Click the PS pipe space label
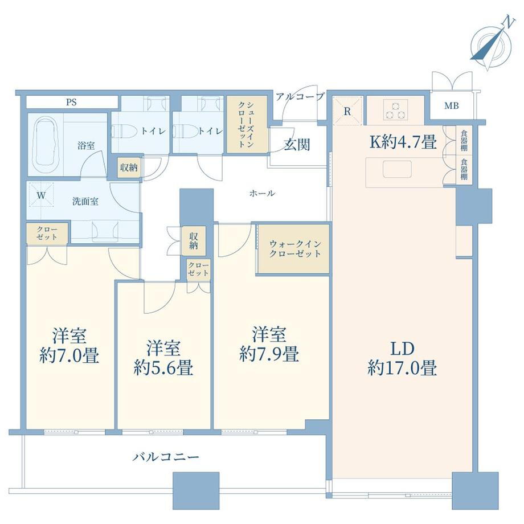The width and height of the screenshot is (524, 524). tap(71, 103)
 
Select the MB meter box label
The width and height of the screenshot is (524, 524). tap(452, 106)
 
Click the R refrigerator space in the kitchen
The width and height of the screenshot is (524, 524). tap(347, 111)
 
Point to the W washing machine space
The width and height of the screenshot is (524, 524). tap(41, 195)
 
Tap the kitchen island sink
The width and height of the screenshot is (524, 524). tap(397, 169)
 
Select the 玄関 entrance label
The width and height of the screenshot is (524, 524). tap(297, 145)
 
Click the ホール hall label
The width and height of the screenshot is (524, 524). tap(262, 193)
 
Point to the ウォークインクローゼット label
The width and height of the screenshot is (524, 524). tap(295, 249)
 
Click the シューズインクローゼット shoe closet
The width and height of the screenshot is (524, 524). tap(247, 124)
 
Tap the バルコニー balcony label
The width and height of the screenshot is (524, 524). tap(166, 456)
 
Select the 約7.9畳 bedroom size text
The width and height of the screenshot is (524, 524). tap(269, 354)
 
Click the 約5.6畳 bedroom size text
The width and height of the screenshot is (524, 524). tap(163, 368)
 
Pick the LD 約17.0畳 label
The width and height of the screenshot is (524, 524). tap(402, 358)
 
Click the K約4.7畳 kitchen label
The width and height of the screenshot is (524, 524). tap(403, 143)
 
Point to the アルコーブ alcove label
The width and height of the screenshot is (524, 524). tap(300, 97)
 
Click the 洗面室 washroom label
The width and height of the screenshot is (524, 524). tap(85, 202)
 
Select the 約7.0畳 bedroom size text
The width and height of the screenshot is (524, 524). tap(69, 356)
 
